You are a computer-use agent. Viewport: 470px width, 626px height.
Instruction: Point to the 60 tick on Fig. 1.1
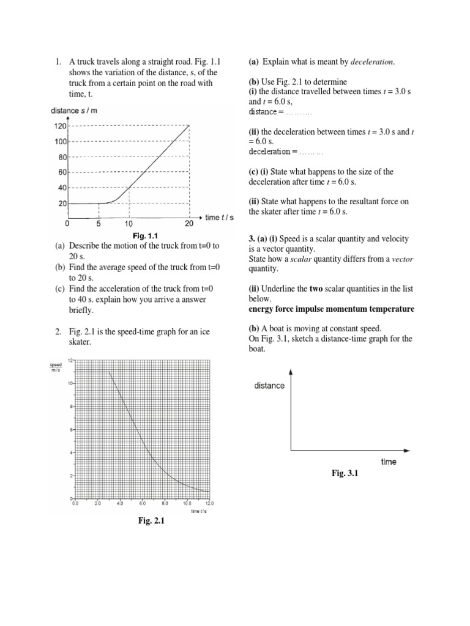point(61,172)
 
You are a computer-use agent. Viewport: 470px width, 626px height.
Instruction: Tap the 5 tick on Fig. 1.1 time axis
point(99,223)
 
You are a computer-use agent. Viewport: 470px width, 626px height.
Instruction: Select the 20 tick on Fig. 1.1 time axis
point(189,223)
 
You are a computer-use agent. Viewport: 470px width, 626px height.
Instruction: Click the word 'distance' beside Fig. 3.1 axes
point(269,386)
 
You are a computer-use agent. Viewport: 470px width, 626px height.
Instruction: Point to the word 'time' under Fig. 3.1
point(389,462)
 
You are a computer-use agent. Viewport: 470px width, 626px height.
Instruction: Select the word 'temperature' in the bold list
point(392,309)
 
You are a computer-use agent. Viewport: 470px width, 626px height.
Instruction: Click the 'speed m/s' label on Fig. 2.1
point(56,367)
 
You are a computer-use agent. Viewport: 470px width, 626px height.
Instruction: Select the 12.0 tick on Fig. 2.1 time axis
point(209,504)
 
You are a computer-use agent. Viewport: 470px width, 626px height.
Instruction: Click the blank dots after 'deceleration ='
point(310,151)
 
